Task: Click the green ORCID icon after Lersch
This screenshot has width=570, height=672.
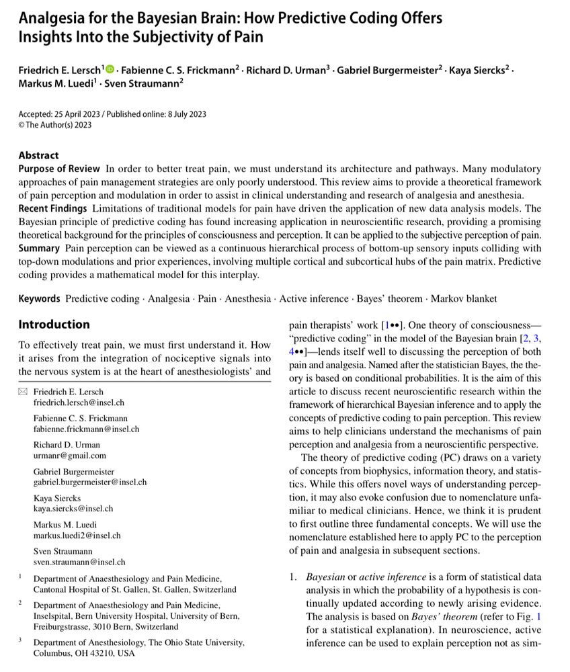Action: click(x=110, y=69)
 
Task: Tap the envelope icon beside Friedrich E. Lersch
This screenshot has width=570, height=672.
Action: click(x=23, y=391)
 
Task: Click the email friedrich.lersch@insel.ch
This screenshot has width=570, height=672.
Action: click(x=79, y=403)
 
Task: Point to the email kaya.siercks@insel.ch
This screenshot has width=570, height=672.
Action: click(x=73, y=509)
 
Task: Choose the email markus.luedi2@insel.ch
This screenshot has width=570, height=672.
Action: click(x=77, y=536)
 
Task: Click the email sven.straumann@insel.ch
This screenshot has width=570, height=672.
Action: click(x=79, y=562)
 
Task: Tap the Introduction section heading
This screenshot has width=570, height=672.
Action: click(x=54, y=325)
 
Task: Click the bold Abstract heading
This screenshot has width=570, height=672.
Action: click(x=38, y=155)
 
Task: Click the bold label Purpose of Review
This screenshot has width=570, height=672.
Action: click(x=59, y=169)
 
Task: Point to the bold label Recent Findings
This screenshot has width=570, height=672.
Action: click(x=52, y=208)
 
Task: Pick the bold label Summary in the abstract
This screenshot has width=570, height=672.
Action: click(x=40, y=248)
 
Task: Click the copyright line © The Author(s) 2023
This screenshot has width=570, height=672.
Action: click(x=55, y=124)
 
